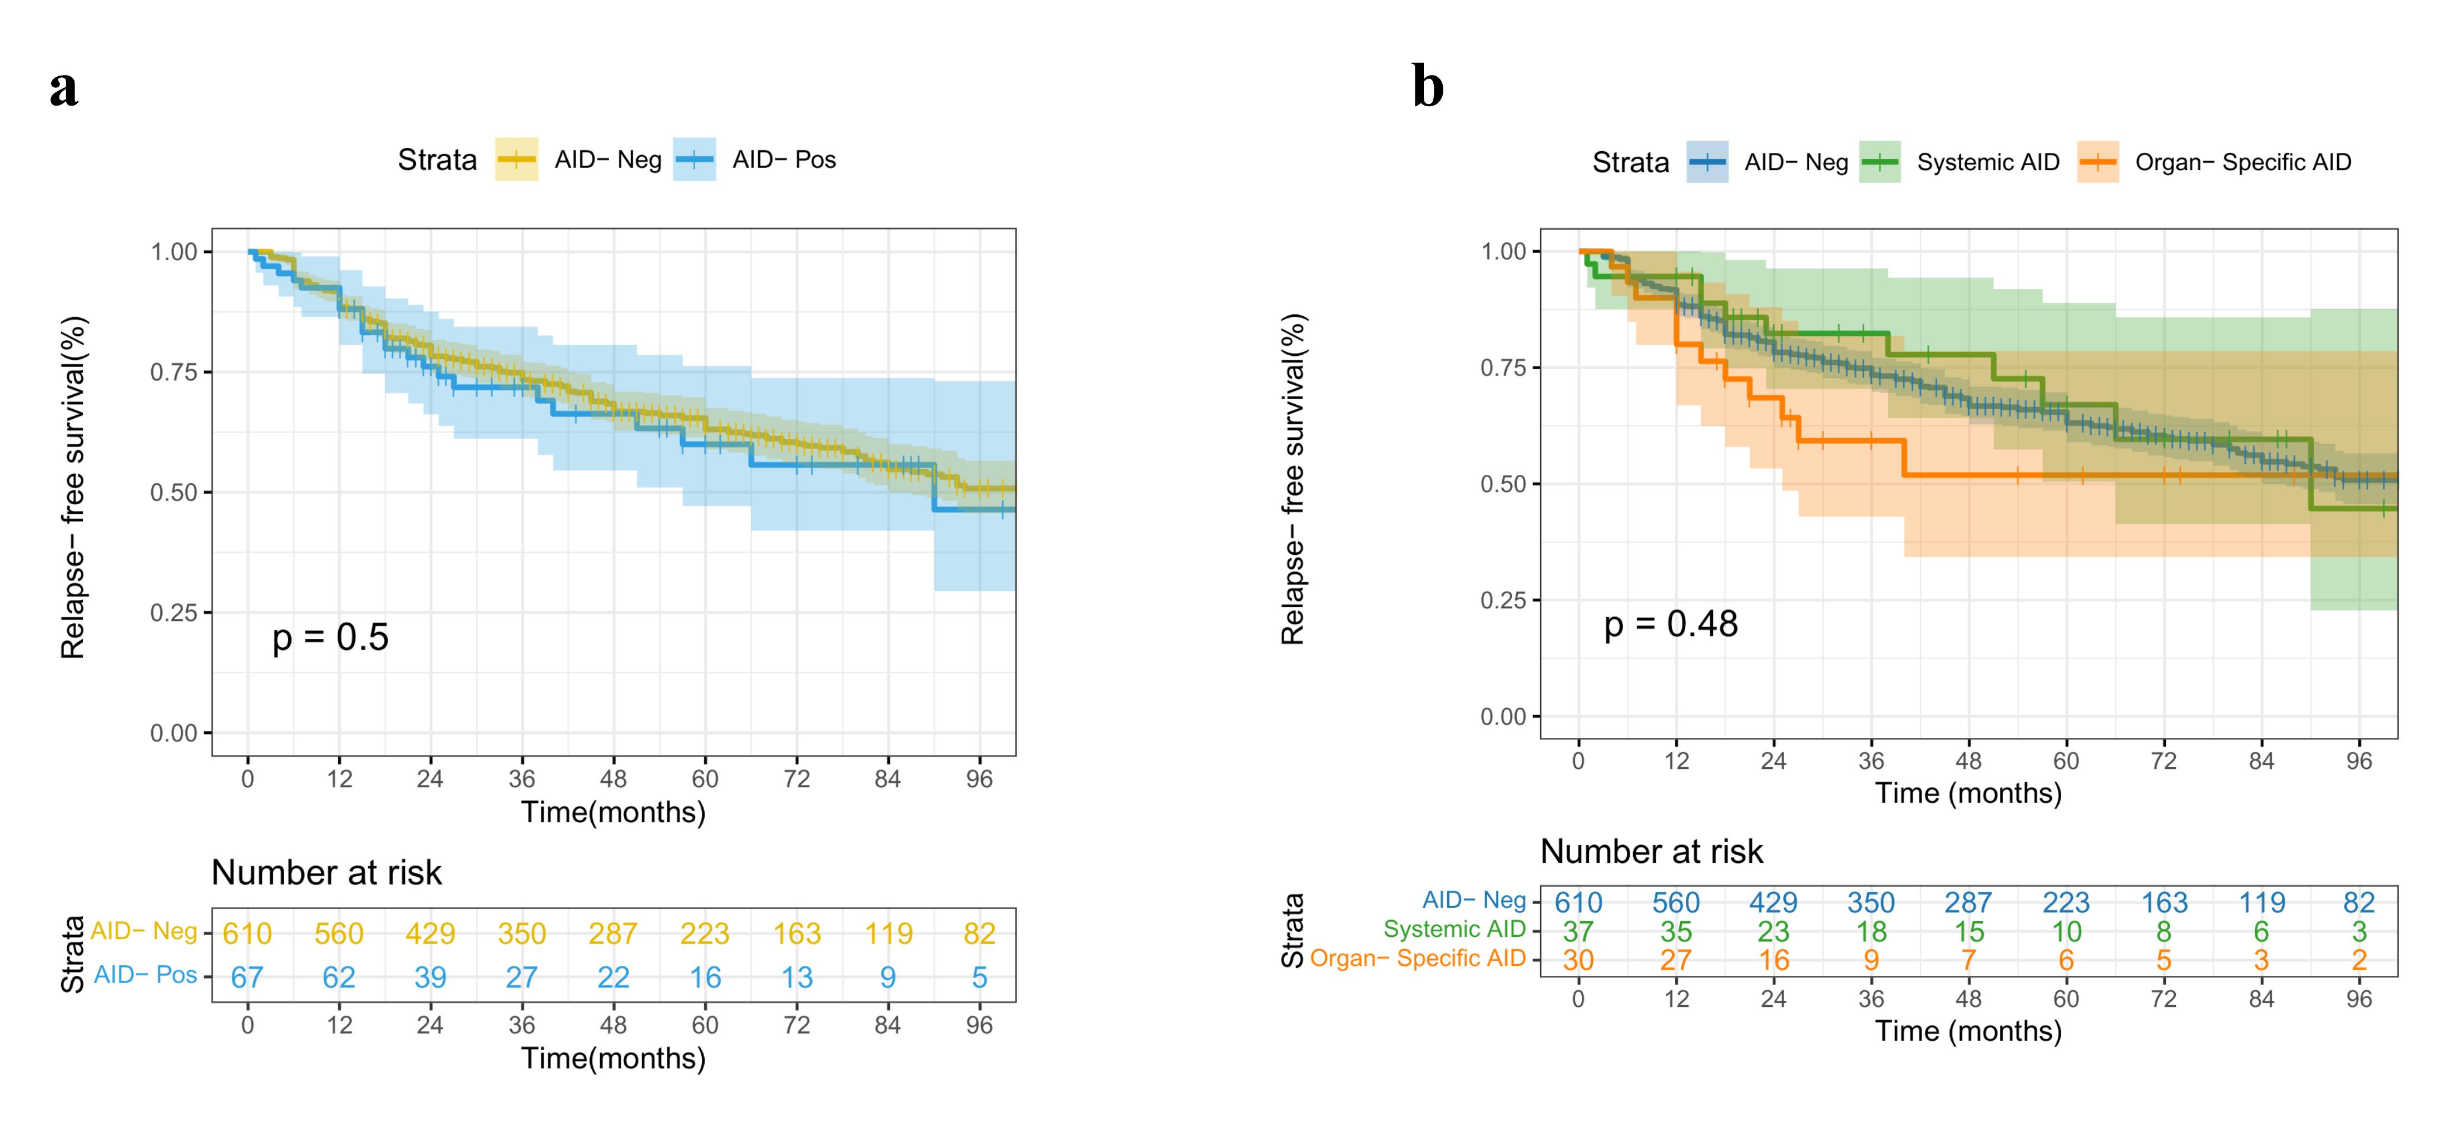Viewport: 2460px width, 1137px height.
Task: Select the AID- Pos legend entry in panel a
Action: (783, 160)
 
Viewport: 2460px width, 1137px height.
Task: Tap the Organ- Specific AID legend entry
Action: (2243, 162)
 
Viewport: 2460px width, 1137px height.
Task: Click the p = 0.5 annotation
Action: (330, 637)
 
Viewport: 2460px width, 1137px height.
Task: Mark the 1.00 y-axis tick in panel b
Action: (1503, 251)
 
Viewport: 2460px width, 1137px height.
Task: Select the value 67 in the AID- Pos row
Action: (248, 977)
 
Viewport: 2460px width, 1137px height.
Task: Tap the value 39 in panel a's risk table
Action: (430, 977)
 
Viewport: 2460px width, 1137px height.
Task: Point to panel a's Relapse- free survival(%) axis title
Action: (72, 487)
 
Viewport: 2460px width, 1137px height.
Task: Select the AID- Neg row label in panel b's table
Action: (1473, 900)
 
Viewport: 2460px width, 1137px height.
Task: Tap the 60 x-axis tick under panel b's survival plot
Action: (2066, 761)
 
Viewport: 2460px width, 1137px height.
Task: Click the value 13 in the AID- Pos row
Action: (796, 977)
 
